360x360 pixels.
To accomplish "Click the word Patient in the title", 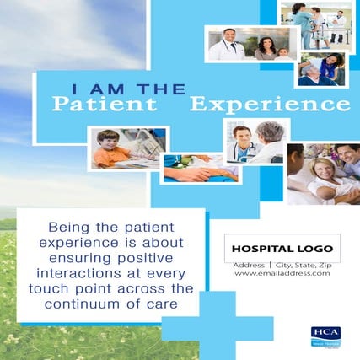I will (x=104, y=105).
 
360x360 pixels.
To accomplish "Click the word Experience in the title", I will (x=269, y=105).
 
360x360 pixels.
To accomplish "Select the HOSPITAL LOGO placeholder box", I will (x=282, y=250).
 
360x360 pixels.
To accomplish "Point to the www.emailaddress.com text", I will (x=282, y=272).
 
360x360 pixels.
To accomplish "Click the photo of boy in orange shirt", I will (x=126, y=148).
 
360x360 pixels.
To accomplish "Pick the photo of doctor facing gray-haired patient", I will (x=256, y=141).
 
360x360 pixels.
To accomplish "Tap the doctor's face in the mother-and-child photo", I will (x=227, y=37).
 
